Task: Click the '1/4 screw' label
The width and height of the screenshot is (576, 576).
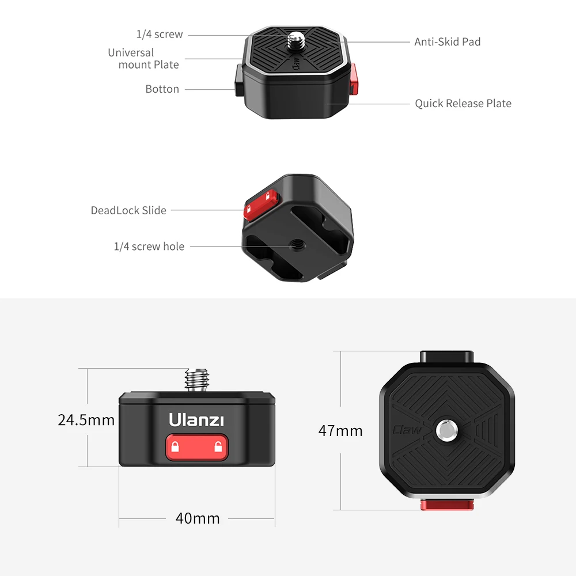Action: tap(160, 35)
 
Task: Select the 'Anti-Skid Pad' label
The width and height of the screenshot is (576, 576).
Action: tap(447, 42)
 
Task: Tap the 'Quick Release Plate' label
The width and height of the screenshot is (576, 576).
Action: tap(463, 104)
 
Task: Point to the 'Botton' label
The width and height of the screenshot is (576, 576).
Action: tap(162, 89)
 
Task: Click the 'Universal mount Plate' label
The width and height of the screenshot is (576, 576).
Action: tap(143, 59)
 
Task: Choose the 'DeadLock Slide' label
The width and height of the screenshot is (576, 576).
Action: tap(128, 210)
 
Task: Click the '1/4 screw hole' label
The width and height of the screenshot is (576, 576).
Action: tap(149, 247)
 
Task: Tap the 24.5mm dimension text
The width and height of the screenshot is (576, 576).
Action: tap(86, 420)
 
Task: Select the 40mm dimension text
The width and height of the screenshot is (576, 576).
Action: tap(198, 518)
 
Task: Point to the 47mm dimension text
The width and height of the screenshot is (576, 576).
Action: tap(340, 431)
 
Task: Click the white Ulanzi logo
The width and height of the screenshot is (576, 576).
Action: tap(196, 420)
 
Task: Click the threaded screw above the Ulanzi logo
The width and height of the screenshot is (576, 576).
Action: tap(196, 380)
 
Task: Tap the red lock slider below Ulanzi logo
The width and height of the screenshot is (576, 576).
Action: tap(196, 448)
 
